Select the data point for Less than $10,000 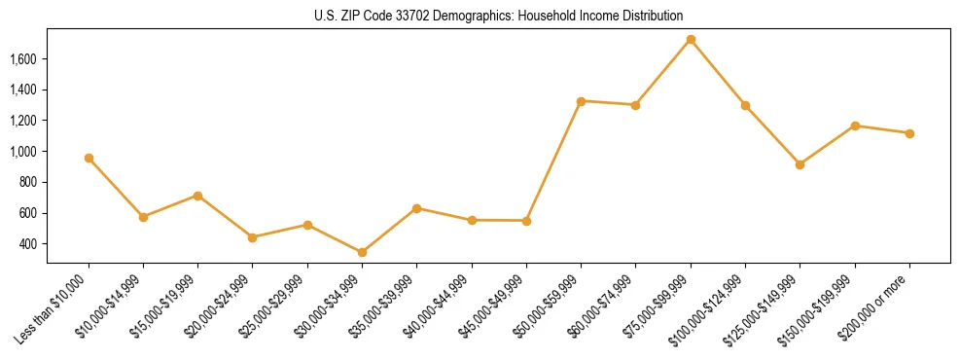[89, 158]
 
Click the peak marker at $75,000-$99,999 [691, 40]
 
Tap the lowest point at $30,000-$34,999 [362, 252]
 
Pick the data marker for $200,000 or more [909, 133]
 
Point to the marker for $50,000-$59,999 [581, 101]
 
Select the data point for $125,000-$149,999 [800, 164]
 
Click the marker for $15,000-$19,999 [197, 196]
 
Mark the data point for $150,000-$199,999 [855, 126]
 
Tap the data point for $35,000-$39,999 [416, 208]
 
